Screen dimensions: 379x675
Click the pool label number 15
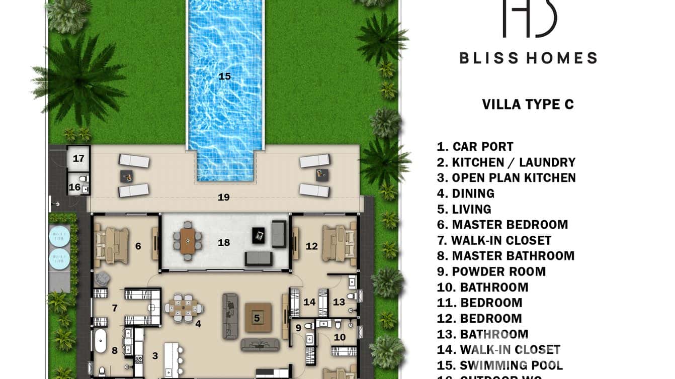[x=224, y=76]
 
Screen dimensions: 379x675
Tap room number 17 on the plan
[x=78, y=158]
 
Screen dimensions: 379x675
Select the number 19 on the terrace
[x=224, y=198]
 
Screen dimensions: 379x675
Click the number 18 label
[x=224, y=243]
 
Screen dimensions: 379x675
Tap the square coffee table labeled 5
[x=258, y=318]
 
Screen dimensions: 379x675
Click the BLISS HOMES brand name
[x=528, y=58]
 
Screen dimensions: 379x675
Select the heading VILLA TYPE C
[x=528, y=105]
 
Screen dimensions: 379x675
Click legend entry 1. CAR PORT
[x=475, y=147]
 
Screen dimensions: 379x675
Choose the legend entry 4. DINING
[x=466, y=194]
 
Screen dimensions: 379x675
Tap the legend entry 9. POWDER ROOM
[x=491, y=271]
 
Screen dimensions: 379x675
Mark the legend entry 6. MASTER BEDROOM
[x=502, y=225]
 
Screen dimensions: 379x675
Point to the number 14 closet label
[x=309, y=302]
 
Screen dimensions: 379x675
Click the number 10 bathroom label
[x=340, y=337]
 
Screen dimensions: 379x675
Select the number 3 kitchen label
[x=155, y=356]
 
